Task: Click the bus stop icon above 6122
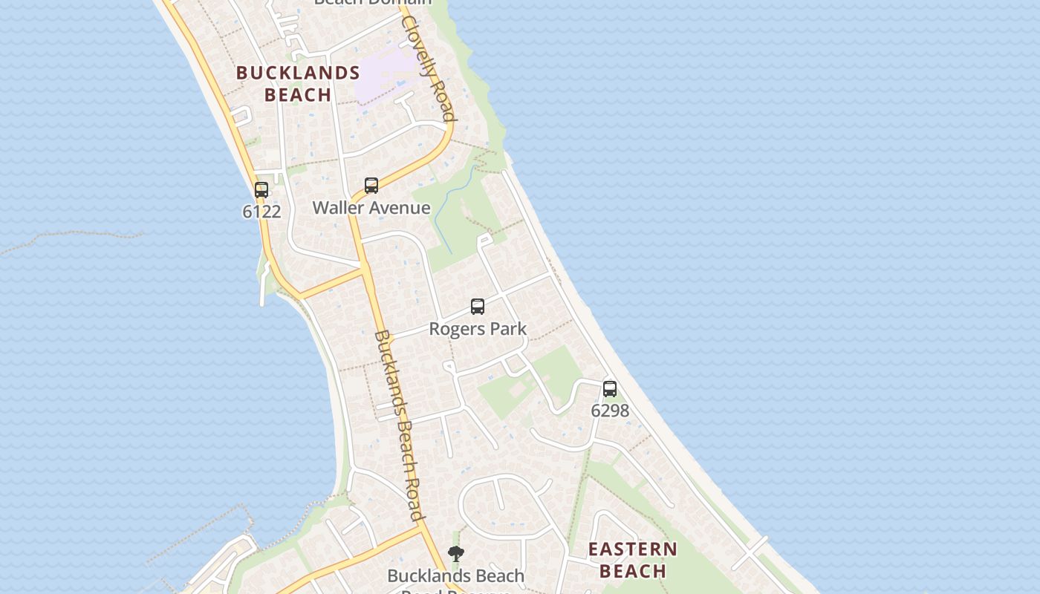(x=261, y=189)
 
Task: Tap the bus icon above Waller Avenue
(x=371, y=185)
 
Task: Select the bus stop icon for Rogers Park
(x=478, y=306)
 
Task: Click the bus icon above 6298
(x=610, y=388)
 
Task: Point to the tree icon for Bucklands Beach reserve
(x=456, y=554)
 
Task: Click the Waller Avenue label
(x=371, y=208)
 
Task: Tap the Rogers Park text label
(x=478, y=329)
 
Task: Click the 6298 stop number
(x=610, y=411)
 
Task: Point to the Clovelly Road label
(x=428, y=67)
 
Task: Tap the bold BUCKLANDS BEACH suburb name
(x=298, y=84)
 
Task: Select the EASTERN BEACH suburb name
(x=633, y=560)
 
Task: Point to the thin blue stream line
(x=446, y=212)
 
